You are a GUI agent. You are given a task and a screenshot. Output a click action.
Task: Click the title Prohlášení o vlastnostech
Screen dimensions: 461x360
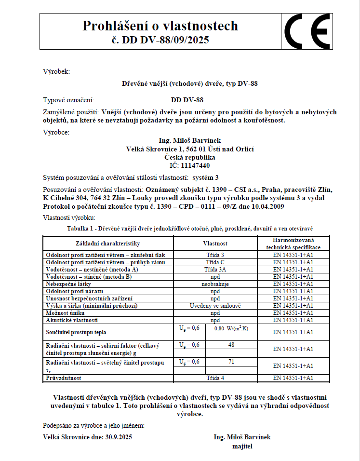[x=160, y=25]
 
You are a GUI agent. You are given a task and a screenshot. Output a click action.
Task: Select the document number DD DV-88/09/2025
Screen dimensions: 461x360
[x=165, y=40]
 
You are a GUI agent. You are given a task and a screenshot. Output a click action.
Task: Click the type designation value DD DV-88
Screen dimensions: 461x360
[x=187, y=100]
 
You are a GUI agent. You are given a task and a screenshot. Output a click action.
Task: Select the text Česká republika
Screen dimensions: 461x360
[x=189, y=157]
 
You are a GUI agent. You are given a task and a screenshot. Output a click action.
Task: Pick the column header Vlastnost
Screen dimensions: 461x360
[x=215, y=244]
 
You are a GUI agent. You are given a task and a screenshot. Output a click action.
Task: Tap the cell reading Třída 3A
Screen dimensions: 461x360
[x=215, y=269]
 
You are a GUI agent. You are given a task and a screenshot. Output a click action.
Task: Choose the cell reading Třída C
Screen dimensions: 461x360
[x=215, y=262]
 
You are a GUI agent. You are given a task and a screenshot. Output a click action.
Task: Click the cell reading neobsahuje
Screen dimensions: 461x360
[x=215, y=284]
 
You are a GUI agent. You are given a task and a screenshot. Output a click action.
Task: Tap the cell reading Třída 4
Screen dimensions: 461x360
[x=215, y=378]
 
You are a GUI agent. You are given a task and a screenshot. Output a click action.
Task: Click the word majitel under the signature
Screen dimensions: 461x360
[x=242, y=446]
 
